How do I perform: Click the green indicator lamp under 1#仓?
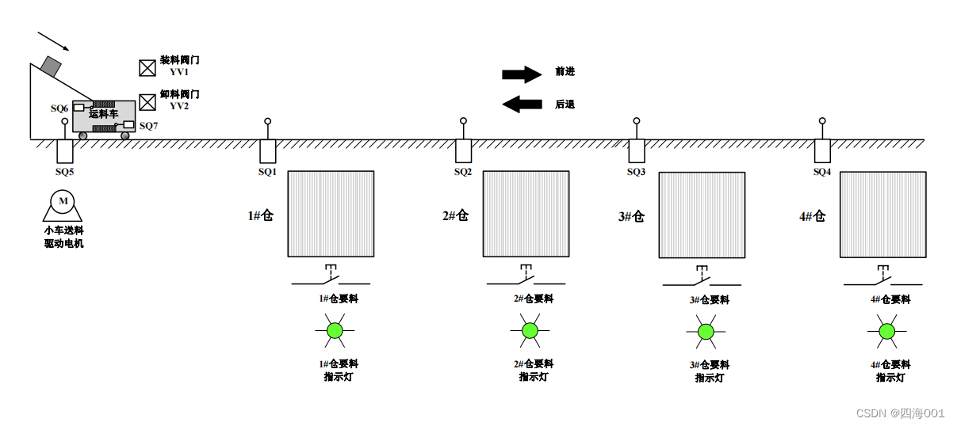click(x=335, y=330)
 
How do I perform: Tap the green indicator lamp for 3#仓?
click(x=706, y=332)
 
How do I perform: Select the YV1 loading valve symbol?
click(x=147, y=68)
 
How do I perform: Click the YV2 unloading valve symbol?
click(x=147, y=102)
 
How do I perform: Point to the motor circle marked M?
click(x=63, y=202)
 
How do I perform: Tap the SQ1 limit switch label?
click(x=267, y=172)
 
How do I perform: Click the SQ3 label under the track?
click(x=636, y=172)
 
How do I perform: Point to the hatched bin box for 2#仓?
click(x=526, y=214)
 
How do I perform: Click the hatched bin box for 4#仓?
click(x=882, y=215)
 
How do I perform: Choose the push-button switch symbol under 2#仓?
click(x=526, y=276)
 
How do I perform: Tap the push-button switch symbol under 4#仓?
click(x=882, y=276)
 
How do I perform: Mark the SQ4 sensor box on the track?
click(x=822, y=150)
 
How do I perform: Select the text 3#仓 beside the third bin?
click(x=631, y=216)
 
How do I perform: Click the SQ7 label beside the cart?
click(x=148, y=126)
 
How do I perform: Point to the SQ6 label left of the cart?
click(x=59, y=108)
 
